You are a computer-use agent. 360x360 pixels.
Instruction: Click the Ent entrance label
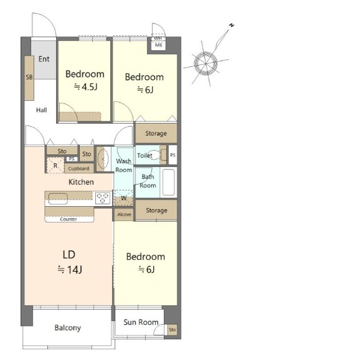(44, 59)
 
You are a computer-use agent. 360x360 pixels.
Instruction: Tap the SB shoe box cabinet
(29, 78)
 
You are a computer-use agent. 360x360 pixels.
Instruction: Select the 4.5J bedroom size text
(86, 87)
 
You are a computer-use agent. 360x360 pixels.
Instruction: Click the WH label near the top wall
(158, 38)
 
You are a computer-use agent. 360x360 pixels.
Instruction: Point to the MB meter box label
(158, 45)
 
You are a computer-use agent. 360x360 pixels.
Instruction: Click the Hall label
(42, 110)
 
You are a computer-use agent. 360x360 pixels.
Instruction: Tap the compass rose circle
(206, 64)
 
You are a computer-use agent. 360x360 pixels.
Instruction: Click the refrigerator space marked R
(55, 165)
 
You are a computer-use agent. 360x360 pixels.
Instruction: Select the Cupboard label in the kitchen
(79, 168)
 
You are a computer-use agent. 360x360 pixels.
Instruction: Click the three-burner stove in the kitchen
(102, 198)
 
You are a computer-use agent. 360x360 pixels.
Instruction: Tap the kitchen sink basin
(58, 199)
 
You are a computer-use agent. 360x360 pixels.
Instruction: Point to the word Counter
(69, 219)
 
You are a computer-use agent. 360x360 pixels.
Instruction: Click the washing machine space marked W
(124, 198)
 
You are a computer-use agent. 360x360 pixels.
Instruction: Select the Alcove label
(124, 214)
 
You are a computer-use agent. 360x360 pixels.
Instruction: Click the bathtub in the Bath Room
(169, 182)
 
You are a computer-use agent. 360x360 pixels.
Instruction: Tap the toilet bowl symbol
(154, 155)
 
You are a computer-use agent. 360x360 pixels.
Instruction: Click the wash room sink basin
(103, 158)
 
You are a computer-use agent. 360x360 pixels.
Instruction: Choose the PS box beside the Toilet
(173, 155)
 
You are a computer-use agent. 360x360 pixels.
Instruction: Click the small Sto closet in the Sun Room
(172, 330)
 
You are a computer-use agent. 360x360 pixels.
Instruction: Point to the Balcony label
(67, 328)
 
